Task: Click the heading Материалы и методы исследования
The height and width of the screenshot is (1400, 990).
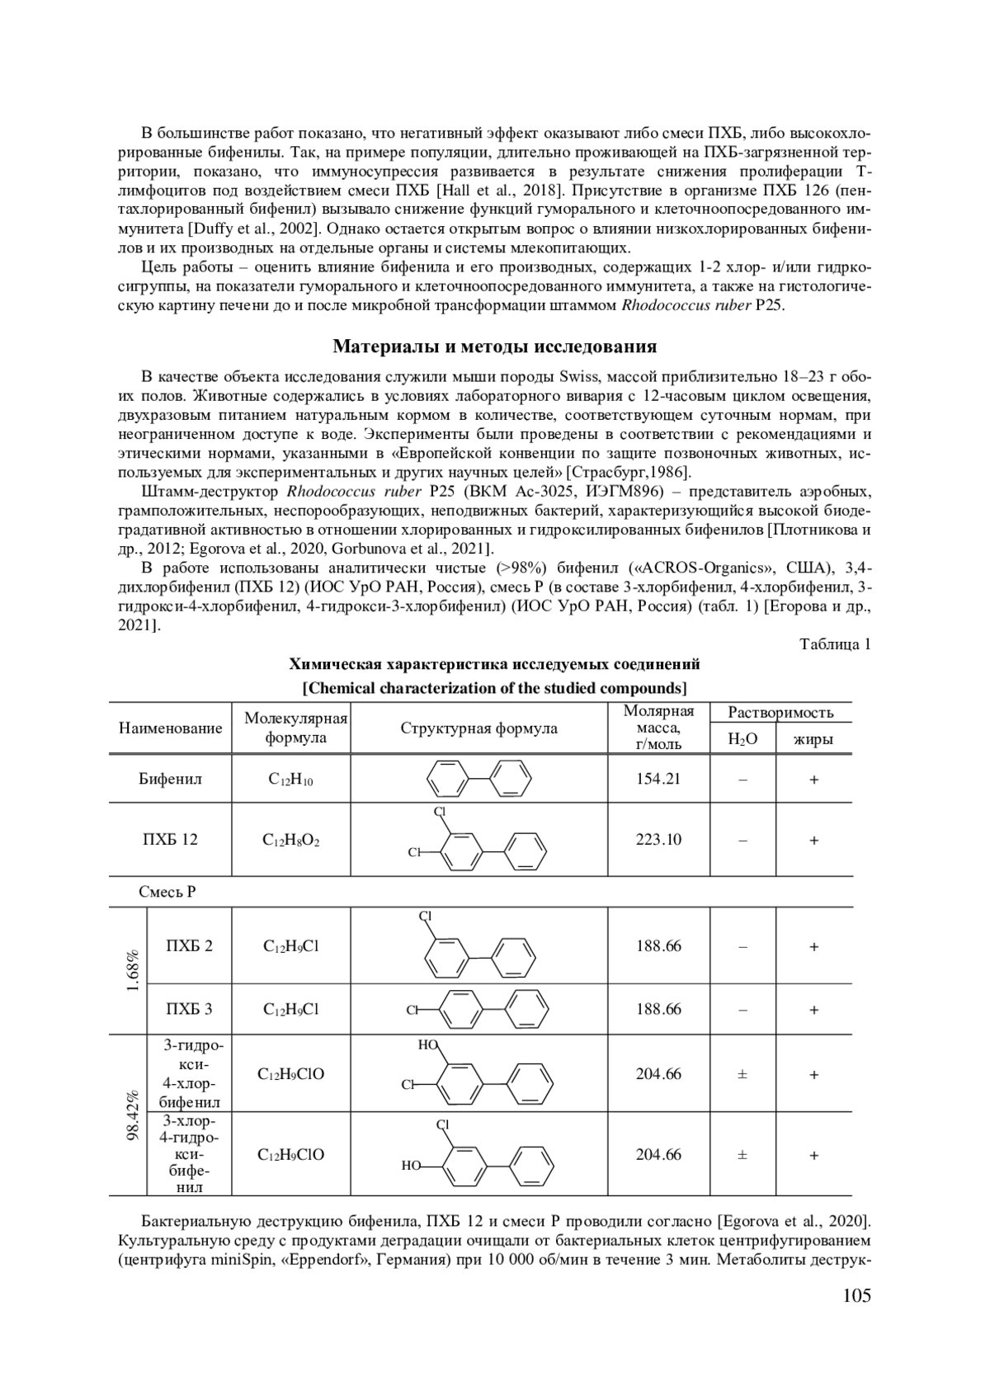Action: pos(494,346)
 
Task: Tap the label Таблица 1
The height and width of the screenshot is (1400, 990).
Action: pos(835,644)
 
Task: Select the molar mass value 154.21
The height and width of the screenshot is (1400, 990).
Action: pos(658,778)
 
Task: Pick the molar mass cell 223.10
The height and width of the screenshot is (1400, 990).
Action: pos(658,839)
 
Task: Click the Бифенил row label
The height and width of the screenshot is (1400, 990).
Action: pos(170,778)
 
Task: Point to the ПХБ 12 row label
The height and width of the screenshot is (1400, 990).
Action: pos(170,839)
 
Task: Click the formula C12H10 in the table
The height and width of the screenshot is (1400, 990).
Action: pos(290,779)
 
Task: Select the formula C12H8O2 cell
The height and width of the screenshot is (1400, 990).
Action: pos(290,840)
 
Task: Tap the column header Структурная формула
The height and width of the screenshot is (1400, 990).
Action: pos(478,728)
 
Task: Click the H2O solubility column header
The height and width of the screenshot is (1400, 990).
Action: pos(742,739)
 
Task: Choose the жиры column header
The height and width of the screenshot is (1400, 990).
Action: pos(813,739)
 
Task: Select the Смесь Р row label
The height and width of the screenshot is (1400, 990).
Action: pos(167,892)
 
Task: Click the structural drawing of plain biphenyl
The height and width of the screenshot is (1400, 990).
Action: pos(478,777)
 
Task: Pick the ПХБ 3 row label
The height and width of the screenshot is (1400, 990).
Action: pos(189,1008)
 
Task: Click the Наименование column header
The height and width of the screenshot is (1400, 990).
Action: pos(171,728)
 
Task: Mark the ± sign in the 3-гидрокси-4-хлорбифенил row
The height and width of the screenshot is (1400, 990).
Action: pos(742,1074)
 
